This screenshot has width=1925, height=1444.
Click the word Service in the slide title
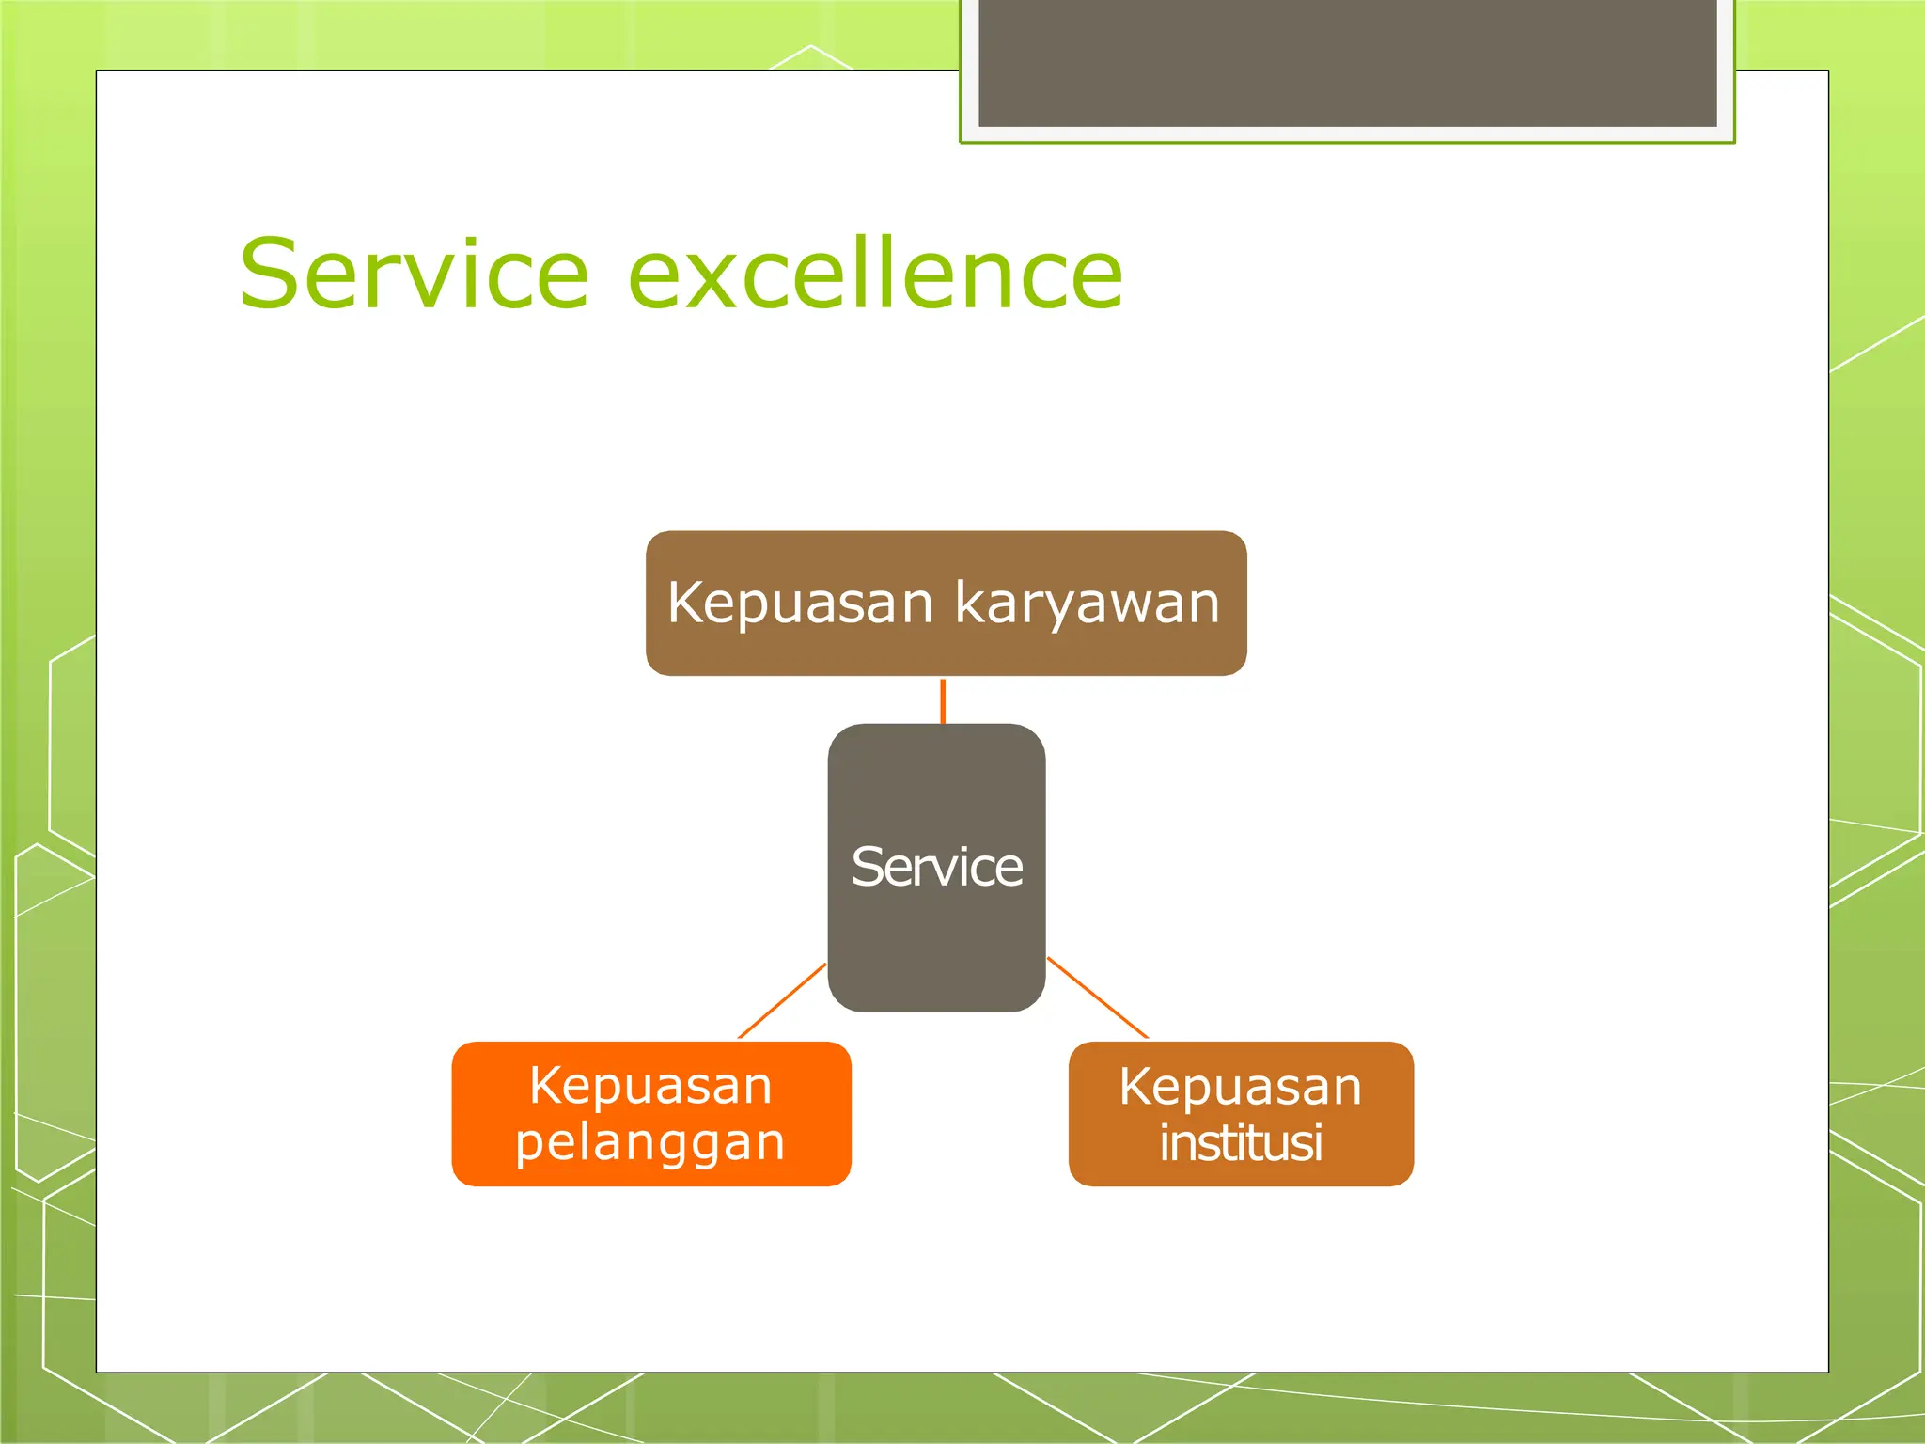415,274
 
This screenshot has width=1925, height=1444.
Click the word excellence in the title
875,274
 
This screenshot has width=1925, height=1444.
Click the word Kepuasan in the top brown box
800,604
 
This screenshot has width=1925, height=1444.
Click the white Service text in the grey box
936,867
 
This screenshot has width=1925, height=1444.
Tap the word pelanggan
650,1142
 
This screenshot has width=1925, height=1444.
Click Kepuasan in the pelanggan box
650,1086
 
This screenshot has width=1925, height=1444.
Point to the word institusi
1241,1143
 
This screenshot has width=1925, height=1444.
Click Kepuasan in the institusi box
1241,1087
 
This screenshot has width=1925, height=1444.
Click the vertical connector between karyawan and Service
943,700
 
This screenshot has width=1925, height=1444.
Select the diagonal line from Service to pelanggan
782,1000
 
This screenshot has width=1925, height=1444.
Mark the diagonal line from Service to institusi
1097,997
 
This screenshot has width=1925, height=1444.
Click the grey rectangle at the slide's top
1347,62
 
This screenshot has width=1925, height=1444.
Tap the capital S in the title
273,274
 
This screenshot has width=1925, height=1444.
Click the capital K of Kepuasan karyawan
687,602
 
